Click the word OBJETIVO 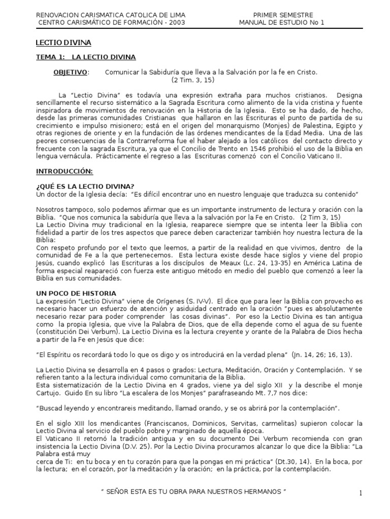(70, 72)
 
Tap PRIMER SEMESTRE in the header (283, 15)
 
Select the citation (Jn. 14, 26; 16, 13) (322, 354)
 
